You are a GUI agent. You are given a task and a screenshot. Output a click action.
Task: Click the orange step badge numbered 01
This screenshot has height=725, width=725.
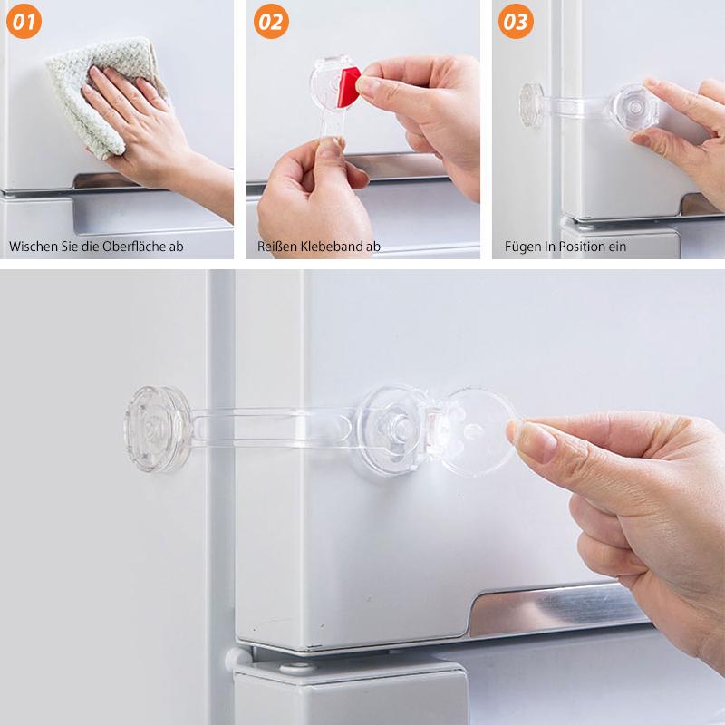(24, 21)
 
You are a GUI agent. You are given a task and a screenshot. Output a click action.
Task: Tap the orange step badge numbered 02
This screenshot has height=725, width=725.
(271, 21)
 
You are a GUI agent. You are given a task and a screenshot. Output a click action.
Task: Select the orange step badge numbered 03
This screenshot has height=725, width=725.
(516, 21)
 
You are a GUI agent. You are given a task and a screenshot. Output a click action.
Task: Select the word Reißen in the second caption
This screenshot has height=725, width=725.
(278, 246)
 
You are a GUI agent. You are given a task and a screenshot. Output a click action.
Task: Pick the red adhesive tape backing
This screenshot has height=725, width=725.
(349, 86)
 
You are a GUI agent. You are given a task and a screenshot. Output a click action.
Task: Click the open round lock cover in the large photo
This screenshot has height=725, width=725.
(476, 432)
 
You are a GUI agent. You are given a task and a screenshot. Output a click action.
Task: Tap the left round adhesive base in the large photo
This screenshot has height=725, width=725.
(157, 429)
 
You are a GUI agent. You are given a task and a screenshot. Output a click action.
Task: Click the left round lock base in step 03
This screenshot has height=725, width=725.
(532, 104)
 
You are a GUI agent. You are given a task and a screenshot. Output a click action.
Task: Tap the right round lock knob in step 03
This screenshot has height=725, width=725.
(633, 107)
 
